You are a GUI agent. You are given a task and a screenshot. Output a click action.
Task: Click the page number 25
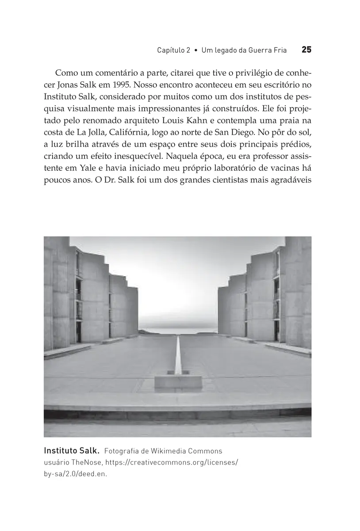point(306,50)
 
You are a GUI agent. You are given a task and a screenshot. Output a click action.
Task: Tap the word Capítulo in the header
point(171,50)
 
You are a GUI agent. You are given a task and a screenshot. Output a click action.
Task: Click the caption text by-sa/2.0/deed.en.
point(76,473)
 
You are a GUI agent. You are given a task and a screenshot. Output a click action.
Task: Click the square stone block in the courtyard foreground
point(178,383)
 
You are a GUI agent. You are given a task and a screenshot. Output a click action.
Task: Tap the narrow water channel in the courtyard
point(178,354)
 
